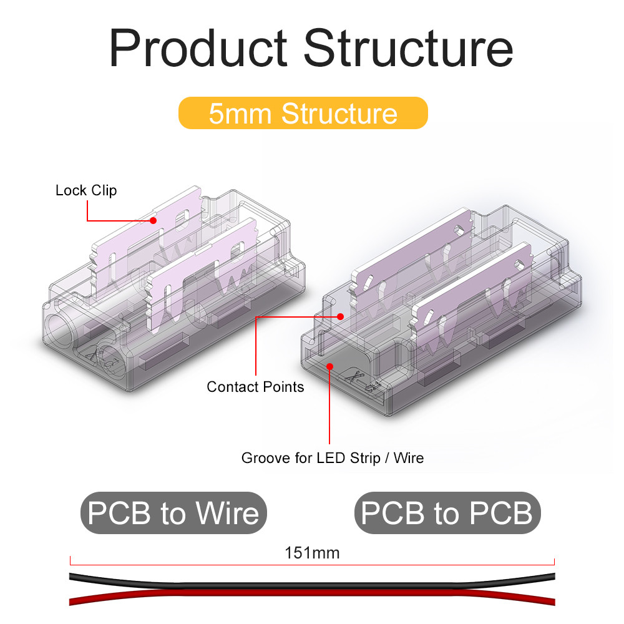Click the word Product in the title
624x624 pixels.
click(198, 48)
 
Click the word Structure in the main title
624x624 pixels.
click(408, 48)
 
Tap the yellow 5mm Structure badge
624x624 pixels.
click(303, 113)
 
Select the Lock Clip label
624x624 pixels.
click(86, 190)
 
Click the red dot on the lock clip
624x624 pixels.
click(154, 220)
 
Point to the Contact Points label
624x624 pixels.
click(255, 387)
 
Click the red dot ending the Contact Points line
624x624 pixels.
click(340, 317)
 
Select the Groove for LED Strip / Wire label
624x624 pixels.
click(333, 457)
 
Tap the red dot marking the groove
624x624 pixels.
click(329, 366)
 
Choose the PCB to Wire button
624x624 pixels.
click(173, 513)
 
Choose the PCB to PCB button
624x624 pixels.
click(447, 513)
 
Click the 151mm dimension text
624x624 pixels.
click(312, 553)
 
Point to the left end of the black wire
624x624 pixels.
click(71, 576)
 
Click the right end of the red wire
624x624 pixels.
click(553, 601)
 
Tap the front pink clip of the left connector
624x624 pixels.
click(202, 275)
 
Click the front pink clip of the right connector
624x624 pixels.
click(472, 295)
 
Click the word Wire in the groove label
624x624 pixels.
click(409, 457)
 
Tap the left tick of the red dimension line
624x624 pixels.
click(71, 560)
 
